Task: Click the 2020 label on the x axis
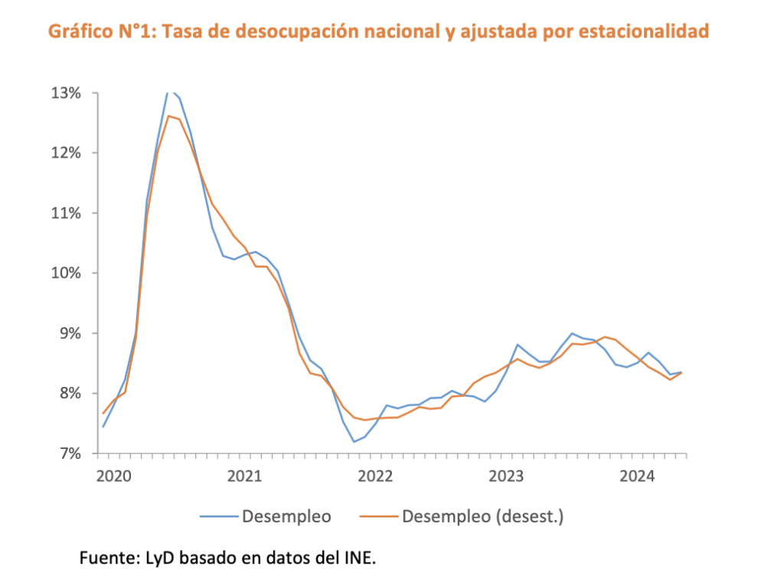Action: click(x=114, y=476)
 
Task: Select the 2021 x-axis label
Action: click(x=245, y=476)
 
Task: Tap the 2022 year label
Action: click(x=375, y=476)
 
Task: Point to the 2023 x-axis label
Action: click(x=506, y=476)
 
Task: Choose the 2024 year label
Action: click(x=637, y=476)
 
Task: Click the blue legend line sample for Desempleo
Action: click(x=219, y=517)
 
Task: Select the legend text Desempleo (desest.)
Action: click(x=482, y=517)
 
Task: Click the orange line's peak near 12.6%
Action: click(x=168, y=116)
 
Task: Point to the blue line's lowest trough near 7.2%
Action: click(x=354, y=441)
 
